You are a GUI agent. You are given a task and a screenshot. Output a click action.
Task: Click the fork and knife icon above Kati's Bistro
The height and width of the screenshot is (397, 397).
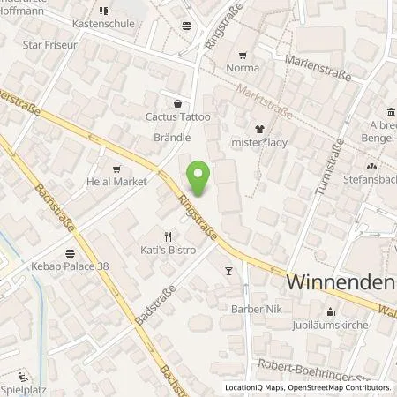pos(168,236)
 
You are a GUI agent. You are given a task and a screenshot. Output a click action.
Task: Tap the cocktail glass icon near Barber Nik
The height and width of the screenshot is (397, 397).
pos(229,272)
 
